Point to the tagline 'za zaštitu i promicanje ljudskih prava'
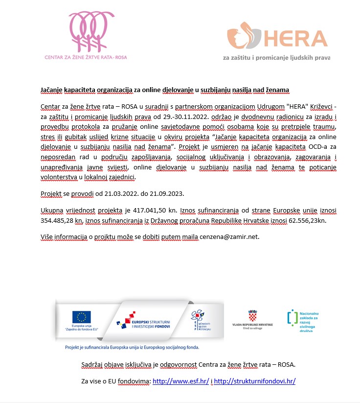(x=276, y=57)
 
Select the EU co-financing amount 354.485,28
(x=61, y=221)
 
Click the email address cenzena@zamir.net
(x=230, y=237)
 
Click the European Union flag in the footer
(x=82, y=316)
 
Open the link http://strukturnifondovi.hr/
(x=255, y=381)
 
